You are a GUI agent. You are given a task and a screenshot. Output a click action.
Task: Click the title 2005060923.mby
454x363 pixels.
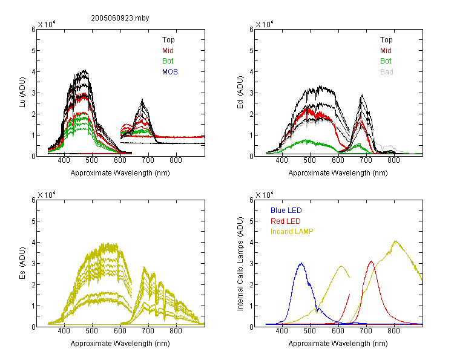point(120,18)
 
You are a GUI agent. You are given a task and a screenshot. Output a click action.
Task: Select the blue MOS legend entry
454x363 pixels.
point(170,72)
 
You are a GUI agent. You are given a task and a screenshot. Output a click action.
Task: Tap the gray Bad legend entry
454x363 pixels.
point(387,72)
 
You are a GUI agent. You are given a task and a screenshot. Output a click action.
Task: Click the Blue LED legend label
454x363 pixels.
point(286,211)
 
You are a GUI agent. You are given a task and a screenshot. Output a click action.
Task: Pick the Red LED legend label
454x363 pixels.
point(286,221)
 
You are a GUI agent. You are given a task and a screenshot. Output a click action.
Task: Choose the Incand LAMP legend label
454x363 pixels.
point(292,232)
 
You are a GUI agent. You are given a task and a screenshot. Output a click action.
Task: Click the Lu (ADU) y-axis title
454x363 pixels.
point(22,93)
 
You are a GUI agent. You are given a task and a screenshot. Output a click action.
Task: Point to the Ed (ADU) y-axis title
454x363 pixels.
point(240,93)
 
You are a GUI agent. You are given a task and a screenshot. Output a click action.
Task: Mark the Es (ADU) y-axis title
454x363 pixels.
point(22,263)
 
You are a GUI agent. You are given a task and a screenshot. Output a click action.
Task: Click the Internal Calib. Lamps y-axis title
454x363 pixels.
point(240,264)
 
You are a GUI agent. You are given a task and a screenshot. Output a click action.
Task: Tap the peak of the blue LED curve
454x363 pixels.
point(301,263)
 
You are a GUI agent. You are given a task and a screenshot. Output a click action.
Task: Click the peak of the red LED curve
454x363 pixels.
point(371,261)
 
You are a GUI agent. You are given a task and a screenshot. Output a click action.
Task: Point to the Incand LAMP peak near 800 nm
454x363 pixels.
point(396,241)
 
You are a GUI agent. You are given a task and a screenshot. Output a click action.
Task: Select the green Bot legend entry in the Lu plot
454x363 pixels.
point(168,61)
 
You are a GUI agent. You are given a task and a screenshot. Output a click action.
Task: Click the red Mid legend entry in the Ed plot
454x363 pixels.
point(386,51)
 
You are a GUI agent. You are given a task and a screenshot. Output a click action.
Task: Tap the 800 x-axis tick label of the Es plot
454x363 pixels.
point(176,330)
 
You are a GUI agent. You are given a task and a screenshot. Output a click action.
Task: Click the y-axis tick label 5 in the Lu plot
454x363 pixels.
point(33,51)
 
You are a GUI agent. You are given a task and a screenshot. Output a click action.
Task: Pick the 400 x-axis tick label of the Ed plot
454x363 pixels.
point(281,160)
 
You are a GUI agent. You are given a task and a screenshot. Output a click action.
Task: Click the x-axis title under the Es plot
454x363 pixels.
point(120,344)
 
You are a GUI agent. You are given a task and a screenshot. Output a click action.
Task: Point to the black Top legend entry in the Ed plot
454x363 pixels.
point(386,40)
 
